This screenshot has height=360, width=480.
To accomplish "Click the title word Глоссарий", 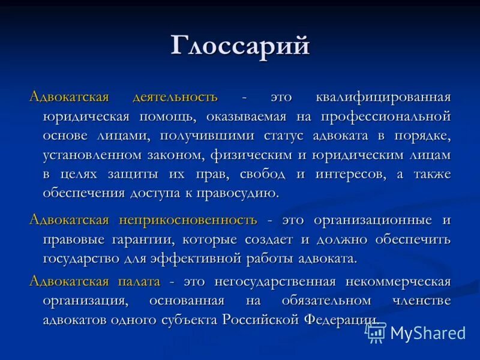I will (x=240, y=46).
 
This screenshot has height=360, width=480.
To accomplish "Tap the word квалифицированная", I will (x=382, y=97).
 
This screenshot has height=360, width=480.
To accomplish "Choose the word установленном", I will (x=92, y=155).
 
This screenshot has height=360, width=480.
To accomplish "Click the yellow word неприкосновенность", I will (x=188, y=220).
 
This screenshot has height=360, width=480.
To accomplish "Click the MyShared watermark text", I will (x=428, y=333).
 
